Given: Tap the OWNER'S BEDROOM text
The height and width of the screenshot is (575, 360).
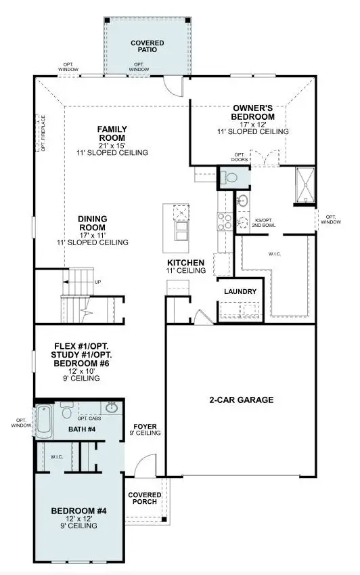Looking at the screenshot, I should pos(254,112).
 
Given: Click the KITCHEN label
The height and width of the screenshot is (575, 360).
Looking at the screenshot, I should pos(186,262).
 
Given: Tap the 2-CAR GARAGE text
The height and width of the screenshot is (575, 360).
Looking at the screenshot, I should pos(241,400).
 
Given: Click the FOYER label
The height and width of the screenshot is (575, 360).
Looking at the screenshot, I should pos(145,427).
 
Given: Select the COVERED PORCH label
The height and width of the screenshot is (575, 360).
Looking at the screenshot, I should pos(144,498).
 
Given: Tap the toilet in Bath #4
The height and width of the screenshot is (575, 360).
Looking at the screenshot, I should pos(67,411).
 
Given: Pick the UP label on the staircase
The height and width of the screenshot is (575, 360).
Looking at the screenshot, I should pos(98,282).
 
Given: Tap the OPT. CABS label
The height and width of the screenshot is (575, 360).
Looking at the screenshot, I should pos(89,407).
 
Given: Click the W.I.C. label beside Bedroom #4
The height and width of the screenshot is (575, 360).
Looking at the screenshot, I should pos(57,456).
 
